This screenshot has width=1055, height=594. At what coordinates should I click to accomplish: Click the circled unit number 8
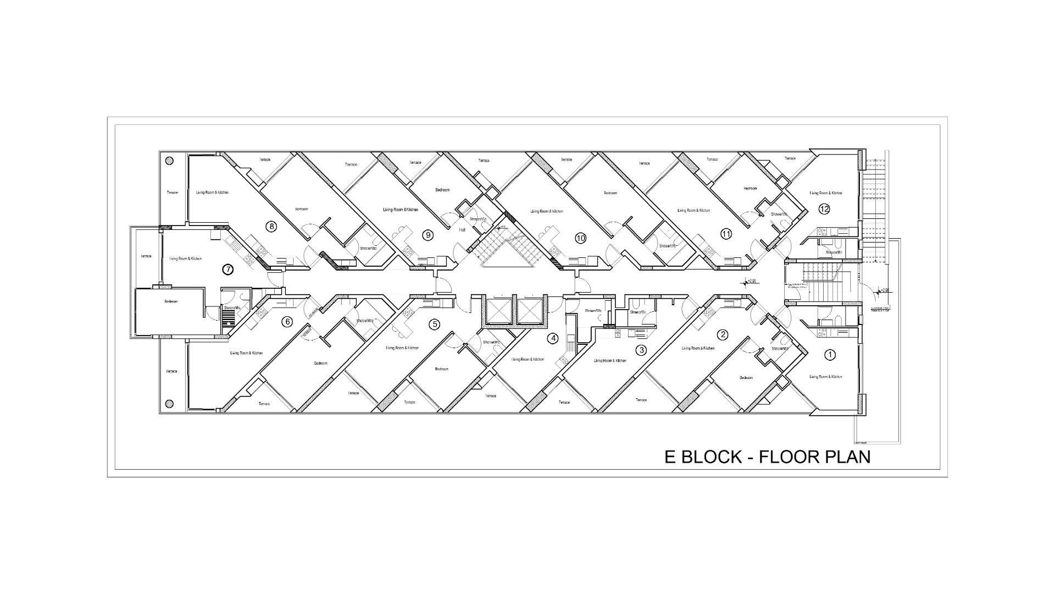[x=270, y=226]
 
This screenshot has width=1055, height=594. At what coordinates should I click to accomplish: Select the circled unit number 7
[x=227, y=269]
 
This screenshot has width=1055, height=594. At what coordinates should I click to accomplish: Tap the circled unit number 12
[x=824, y=209]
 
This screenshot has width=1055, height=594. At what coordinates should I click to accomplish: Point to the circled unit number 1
[x=830, y=355]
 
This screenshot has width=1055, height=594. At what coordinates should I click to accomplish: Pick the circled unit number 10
[x=581, y=238]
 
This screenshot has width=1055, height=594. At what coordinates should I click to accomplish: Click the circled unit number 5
[x=435, y=324]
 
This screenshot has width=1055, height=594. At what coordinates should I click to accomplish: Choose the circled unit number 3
[x=641, y=350]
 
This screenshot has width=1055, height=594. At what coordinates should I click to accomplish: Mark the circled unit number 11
[x=726, y=234]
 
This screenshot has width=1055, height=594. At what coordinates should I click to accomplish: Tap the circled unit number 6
[x=287, y=322]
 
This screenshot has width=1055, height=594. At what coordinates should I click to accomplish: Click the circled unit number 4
[x=553, y=339]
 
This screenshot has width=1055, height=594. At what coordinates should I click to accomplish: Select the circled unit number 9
[x=427, y=235]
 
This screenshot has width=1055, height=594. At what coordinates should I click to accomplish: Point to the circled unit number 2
[x=723, y=334]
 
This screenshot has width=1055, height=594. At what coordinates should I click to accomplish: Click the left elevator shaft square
[x=498, y=312]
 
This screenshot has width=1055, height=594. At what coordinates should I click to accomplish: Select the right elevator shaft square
[x=530, y=312]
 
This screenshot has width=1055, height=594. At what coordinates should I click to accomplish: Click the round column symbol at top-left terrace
[x=169, y=161]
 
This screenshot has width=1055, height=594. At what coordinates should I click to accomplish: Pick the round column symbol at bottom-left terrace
[x=169, y=403]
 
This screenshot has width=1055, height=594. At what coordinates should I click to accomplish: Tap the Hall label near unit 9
[x=462, y=229]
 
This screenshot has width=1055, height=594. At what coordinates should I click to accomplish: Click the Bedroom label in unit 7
[x=171, y=301]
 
